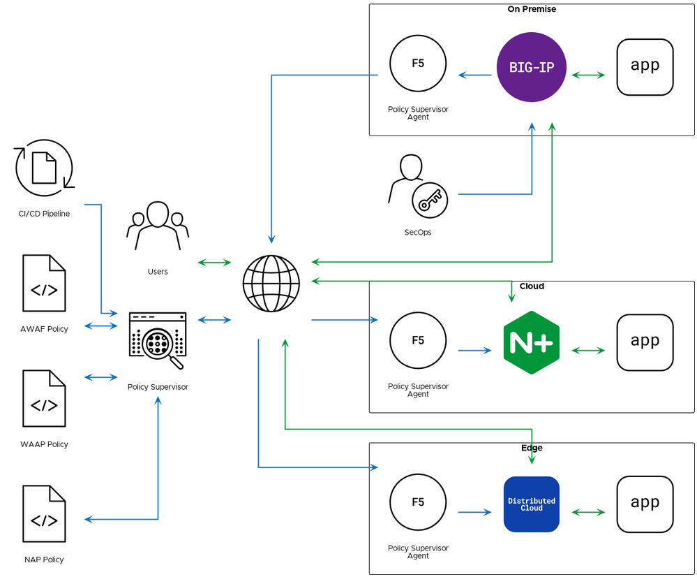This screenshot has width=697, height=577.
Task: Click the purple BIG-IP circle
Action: click(531, 67)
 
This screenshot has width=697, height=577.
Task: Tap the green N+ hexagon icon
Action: click(531, 342)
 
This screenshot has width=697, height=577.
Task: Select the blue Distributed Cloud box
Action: click(531, 504)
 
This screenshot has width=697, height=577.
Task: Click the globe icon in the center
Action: click(271, 284)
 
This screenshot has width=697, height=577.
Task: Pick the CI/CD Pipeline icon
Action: click(44, 168)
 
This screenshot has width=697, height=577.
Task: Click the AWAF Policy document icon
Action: click(44, 283)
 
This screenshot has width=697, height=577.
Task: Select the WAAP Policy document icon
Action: click(44, 398)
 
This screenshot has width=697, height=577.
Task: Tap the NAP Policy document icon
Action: click(44, 513)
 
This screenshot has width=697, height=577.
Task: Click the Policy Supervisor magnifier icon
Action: click(158, 340)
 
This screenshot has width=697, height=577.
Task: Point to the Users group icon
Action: click(158, 226)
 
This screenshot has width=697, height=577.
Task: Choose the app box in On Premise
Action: click(645, 67)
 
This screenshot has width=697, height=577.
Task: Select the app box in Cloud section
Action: click(645, 342)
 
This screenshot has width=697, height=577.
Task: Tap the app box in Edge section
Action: click(645, 504)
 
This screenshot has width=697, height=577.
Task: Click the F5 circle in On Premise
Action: click(418, 64)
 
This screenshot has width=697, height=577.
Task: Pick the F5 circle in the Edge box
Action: click(418, 502)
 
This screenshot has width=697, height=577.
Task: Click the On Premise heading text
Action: click(532, 9)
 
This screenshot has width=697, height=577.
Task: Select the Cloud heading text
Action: click(532, 286)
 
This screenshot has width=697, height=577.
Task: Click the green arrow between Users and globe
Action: click(214, 263)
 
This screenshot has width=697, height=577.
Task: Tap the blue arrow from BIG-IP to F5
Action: click(475, 75)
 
